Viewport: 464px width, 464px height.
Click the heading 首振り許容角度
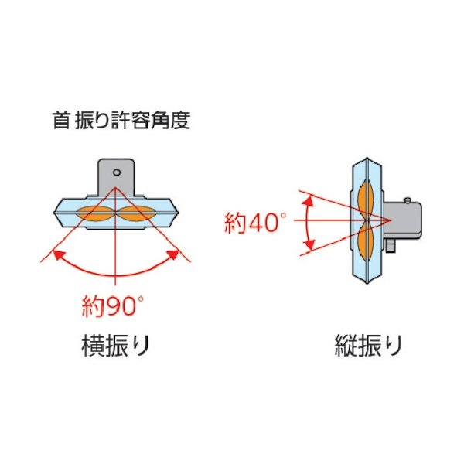click(x=121, y=121)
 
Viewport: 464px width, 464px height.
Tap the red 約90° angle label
click(x=113, y=305)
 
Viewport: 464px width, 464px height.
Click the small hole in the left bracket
click(x=116, y=172)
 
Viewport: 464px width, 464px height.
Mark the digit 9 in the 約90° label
click(x=110, y=306)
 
